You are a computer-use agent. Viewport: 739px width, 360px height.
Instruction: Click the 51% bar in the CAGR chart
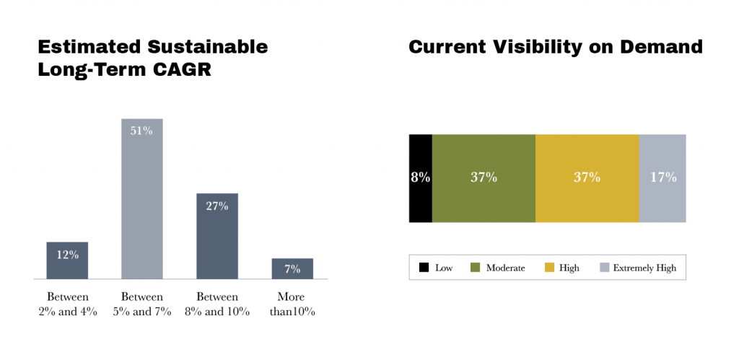tap(141, 198)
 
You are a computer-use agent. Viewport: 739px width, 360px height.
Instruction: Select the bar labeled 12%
tap(67, 260)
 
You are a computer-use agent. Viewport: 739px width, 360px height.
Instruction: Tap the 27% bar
tap(217, 236)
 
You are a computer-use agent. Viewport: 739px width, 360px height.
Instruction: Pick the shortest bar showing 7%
tap(292, 268)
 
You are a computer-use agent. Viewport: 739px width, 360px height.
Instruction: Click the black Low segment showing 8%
tap(420, 177)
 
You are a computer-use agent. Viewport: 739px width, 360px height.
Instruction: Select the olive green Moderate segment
tap(484, 177)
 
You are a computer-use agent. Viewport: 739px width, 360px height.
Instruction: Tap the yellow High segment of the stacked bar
tap(587, 177)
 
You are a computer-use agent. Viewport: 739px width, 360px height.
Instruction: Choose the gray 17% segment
tap(663, 177)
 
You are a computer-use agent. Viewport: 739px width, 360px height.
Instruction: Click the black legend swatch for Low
tap(424, 268)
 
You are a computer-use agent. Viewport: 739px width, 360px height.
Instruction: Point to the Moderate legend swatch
tap(476, 268)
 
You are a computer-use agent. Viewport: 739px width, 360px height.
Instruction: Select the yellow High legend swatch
tap(548, 268)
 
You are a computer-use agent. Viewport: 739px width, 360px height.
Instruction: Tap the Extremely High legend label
tap(644, 268)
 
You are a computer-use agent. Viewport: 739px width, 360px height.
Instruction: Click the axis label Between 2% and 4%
tap(67, 304)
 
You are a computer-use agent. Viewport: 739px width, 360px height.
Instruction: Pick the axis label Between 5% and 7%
tap(141, 304)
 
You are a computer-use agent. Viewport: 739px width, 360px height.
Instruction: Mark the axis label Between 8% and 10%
tap(217, 304)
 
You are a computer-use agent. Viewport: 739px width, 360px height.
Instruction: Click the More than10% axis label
tap(292, 304)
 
